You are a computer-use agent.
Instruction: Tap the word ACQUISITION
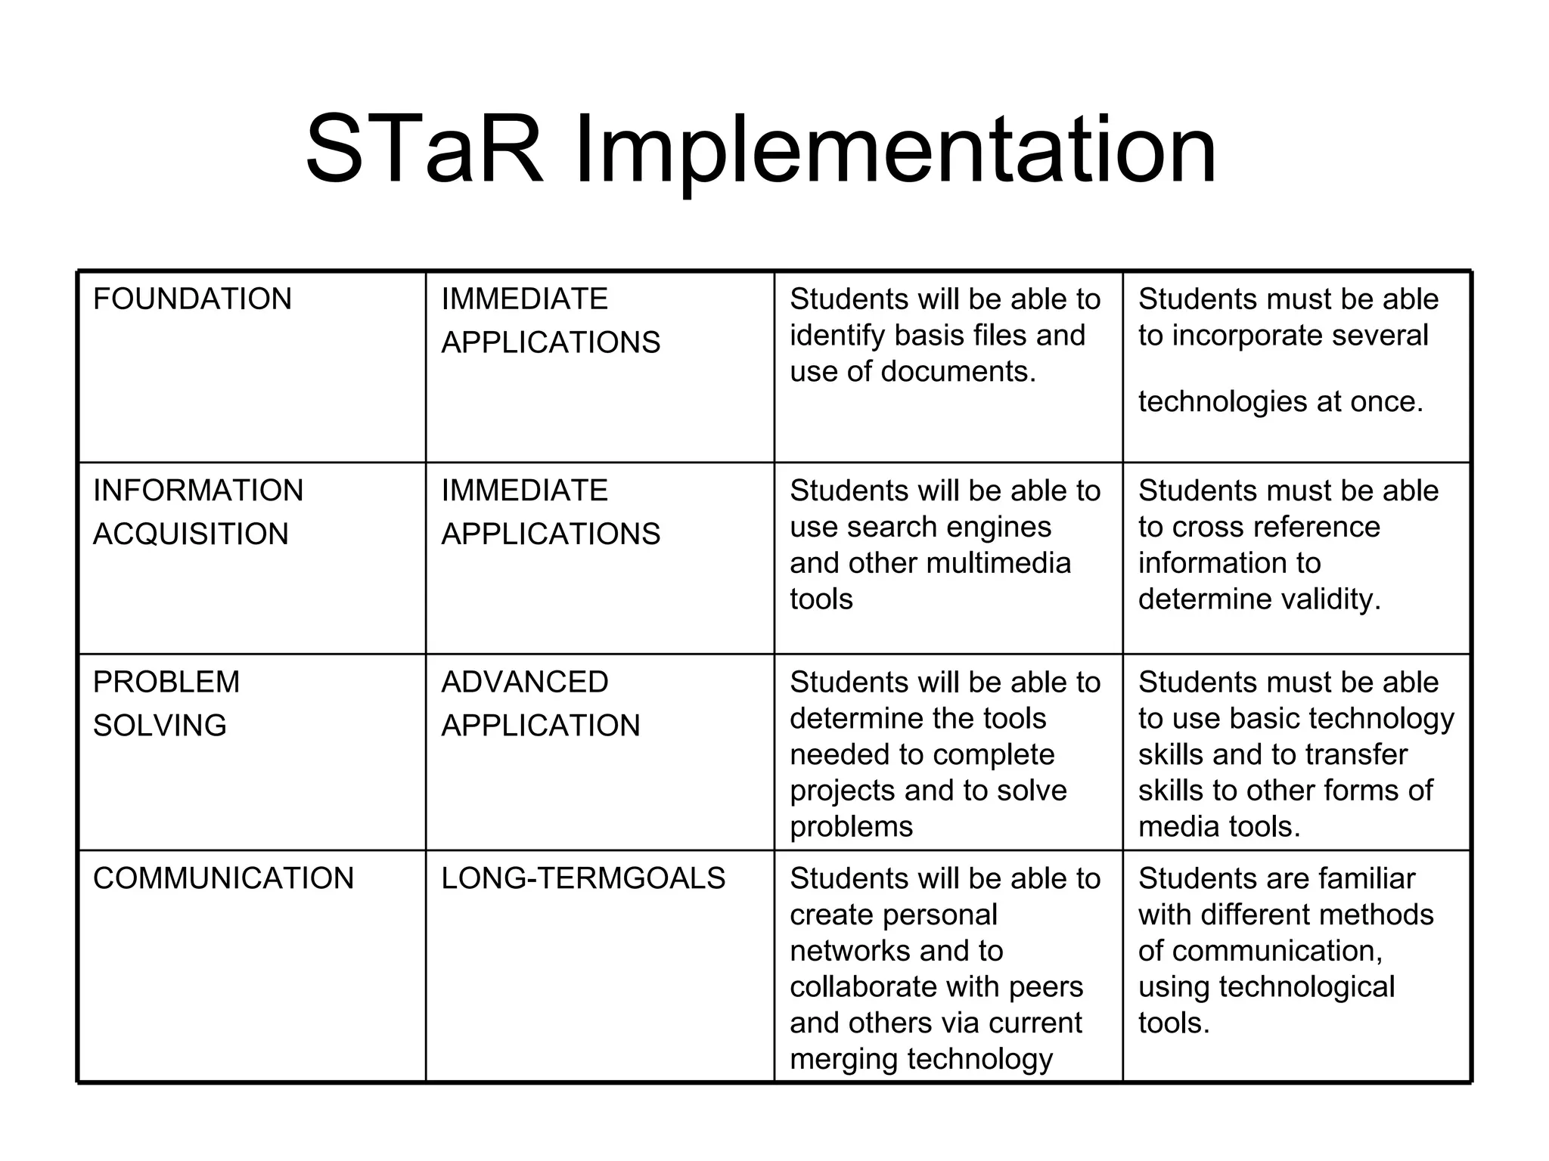point(191,534)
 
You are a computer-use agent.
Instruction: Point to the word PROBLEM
point(166,683)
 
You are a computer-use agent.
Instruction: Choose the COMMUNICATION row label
point(223,878)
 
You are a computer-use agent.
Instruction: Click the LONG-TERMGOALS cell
point(583,878)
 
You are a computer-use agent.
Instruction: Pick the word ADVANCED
point(525,683)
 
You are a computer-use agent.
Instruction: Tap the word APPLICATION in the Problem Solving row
point(541,726)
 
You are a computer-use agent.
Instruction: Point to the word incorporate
point(1243,336)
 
